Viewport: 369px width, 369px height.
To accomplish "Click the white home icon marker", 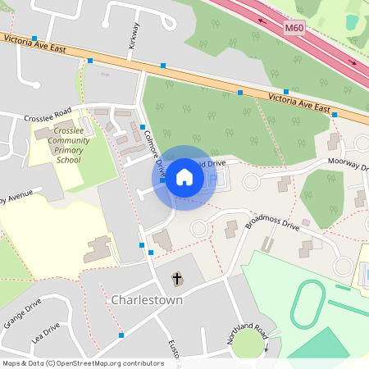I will tap(184, 177).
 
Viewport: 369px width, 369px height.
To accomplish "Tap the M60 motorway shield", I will tap(294, 28).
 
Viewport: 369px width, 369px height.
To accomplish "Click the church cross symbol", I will tap(176, 279).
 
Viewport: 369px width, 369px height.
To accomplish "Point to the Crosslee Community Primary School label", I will tap(67, 144).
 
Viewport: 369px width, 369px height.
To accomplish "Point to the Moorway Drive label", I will tap(348, 165).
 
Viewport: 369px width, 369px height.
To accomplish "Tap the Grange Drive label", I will tap(21, 314).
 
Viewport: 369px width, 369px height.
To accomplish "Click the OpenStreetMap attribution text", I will tap(82, 362).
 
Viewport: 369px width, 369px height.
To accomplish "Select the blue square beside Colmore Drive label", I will tap(143, 127).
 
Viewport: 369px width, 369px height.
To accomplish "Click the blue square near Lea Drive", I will tap(121, 335).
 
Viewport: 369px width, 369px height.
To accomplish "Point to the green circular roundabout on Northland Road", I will tap(247, 344).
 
